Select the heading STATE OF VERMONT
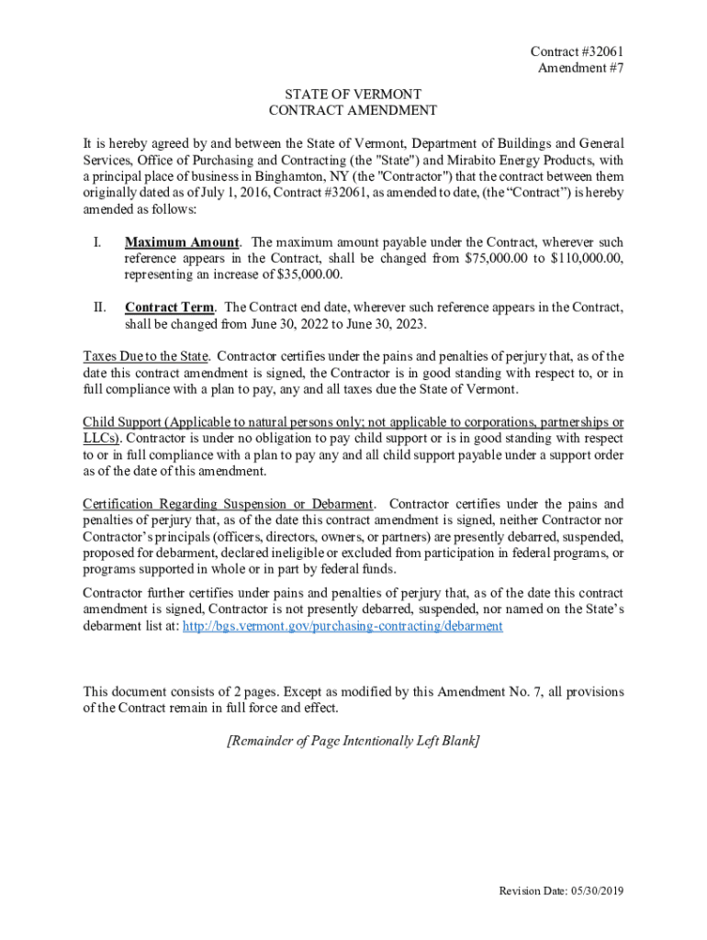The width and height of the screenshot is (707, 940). click(x=353, y=95)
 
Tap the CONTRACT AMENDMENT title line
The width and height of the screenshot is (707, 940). click(x=353, y=110)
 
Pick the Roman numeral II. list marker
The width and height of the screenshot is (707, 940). click(x=98, y=308)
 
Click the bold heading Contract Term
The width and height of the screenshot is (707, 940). click(x=170, y=308)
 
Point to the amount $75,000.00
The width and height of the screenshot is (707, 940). click(x=496, y=259)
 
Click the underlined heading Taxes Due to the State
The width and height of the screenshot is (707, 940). click(x=146, y=356)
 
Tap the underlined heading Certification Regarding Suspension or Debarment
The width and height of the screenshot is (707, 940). click(x=228, y=504)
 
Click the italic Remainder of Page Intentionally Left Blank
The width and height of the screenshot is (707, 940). click(x=353, y=740)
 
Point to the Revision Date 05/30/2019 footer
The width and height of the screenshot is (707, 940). click(x=561, y=891)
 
